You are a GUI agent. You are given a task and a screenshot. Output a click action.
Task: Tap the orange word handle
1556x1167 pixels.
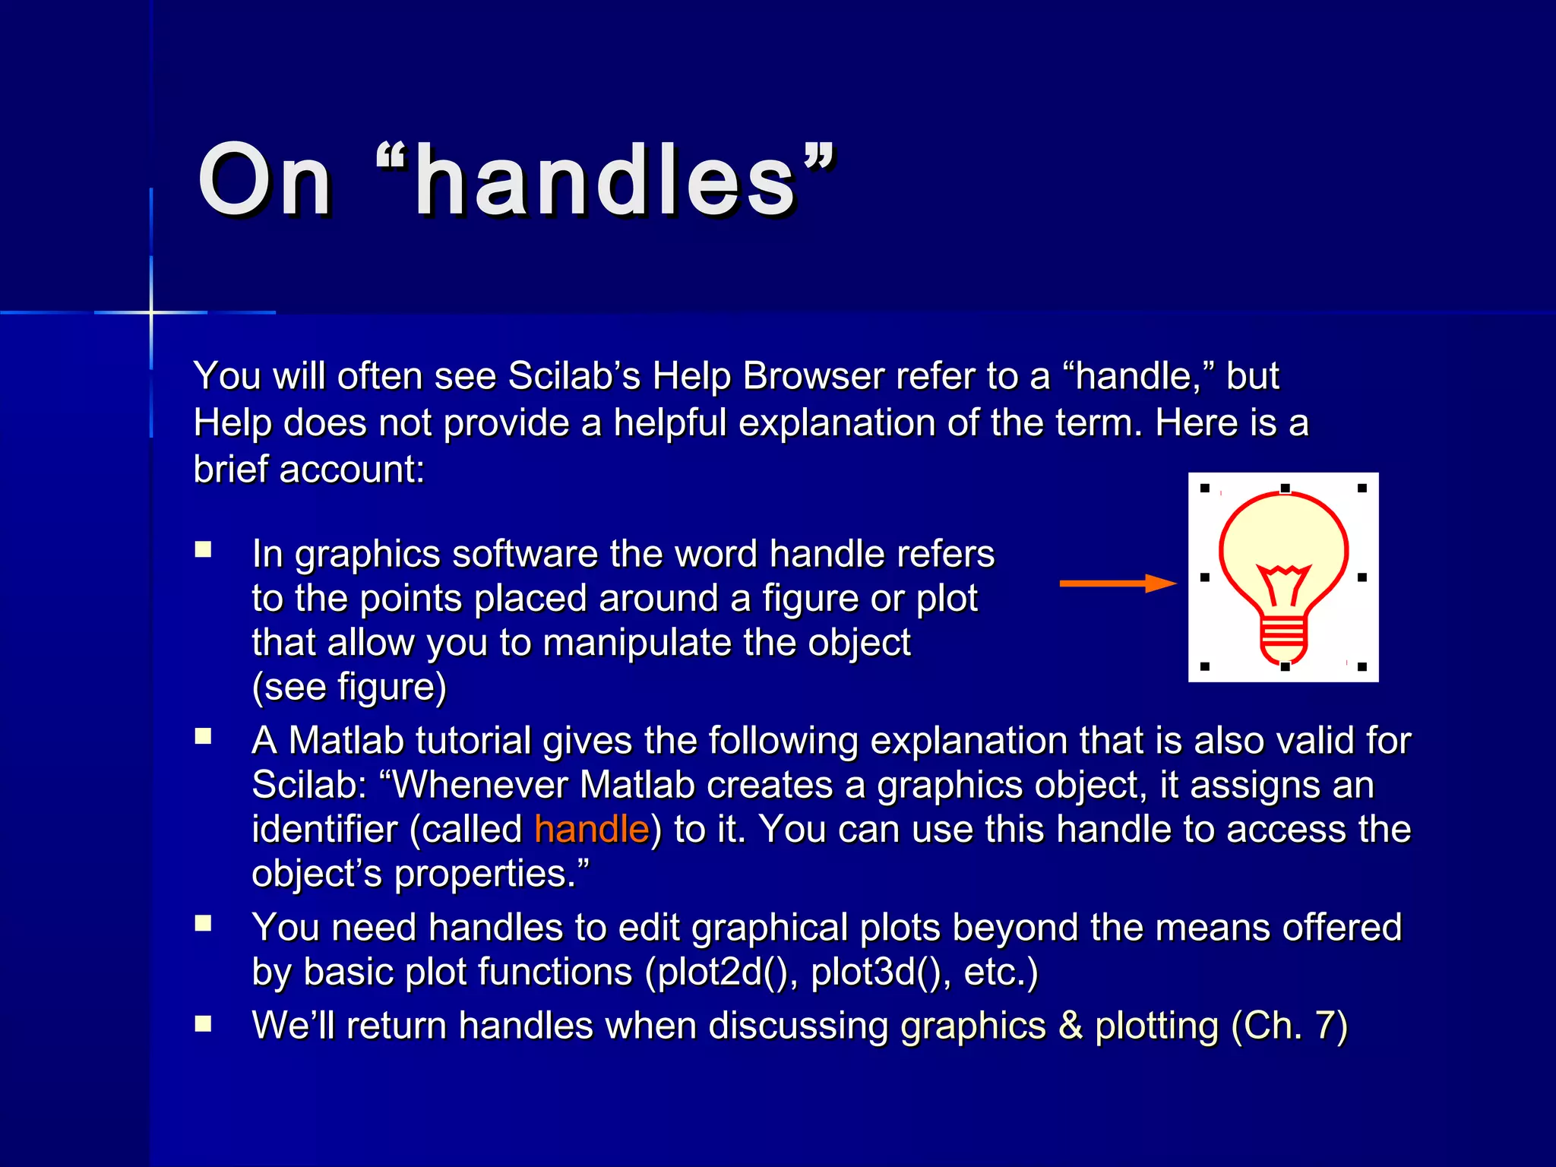pos(592,829)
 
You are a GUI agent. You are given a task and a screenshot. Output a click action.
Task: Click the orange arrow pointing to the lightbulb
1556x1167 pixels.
pos(1118,583)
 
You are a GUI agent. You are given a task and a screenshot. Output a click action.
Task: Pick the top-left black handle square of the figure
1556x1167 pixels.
pos(1204,489)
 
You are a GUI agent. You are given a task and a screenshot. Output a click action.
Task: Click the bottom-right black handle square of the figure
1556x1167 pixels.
pos(1362,667)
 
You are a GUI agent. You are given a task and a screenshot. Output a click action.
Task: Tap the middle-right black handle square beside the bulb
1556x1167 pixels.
pos(1362,577)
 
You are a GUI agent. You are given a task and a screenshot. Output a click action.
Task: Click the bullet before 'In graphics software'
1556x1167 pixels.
pos(203,549)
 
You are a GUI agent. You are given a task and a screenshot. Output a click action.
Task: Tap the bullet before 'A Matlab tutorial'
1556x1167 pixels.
pos(203,736)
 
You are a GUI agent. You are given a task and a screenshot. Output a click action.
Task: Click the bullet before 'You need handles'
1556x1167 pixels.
pos(203,923)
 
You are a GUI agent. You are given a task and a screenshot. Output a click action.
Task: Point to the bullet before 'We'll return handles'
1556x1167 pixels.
pos(203,1023)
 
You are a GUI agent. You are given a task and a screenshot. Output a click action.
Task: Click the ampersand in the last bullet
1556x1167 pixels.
pos(1070,1026)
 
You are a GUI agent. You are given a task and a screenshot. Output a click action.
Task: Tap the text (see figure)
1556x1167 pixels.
pos(349,688)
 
